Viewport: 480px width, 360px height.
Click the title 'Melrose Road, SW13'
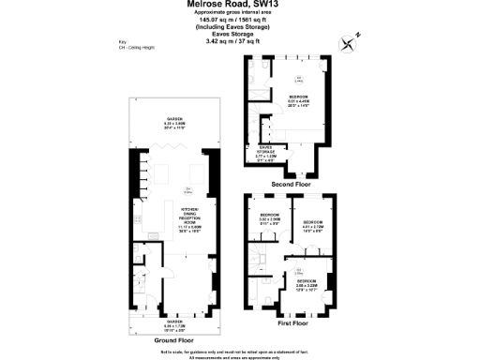tap(239, 6)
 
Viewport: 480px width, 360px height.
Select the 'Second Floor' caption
tap(289, 184)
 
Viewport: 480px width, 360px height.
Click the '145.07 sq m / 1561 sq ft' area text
tap(239, 22)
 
